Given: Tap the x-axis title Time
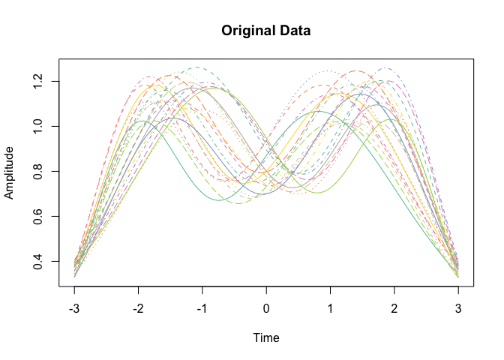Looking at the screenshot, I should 266,338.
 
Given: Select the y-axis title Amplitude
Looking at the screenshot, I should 10,172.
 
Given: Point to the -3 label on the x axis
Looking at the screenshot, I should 74,309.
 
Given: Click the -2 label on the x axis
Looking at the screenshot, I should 138,309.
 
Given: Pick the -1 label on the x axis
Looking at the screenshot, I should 202,309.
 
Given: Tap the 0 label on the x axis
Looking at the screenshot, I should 266,309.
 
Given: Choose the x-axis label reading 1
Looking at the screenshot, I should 330,309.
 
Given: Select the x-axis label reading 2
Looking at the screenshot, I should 394,309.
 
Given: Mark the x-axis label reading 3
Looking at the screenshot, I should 458,309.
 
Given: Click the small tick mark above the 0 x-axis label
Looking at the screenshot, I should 266,290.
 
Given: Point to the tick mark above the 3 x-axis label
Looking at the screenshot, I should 458,290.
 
